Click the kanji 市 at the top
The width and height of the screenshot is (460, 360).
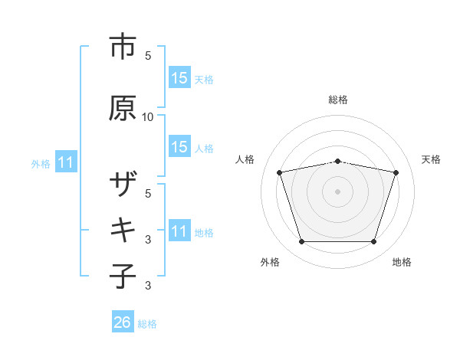tap(123, 47)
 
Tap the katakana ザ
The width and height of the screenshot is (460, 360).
tap(123, 187)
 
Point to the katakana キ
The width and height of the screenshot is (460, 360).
tap(123, 230)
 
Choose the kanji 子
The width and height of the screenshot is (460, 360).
tap(123, 276)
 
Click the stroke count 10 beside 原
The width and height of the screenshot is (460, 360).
tap(148, 116)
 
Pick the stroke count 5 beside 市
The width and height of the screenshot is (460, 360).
tap(148, 56)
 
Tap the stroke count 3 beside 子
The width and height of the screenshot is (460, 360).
tap(148, 286)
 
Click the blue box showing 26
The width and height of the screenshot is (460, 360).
tap(123, 322)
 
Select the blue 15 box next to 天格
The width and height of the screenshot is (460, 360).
tap(179, 77)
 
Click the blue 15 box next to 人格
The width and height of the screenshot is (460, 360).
tap(179, 147)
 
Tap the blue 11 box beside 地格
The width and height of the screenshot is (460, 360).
tap(179, 231)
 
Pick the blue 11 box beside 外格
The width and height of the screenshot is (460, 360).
tap(66, 162)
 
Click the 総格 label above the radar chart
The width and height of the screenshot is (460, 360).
tap(338, 100)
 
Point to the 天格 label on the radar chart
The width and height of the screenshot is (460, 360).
tap(431, 159)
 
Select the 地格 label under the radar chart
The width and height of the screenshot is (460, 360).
tap(402, 263)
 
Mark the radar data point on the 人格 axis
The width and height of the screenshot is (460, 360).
tap(279, 172)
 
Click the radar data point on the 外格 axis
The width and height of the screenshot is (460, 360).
tap(301, 242)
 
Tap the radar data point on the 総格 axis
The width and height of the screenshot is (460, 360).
tap(338, 161)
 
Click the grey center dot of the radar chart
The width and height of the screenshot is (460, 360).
tap(338, 191)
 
